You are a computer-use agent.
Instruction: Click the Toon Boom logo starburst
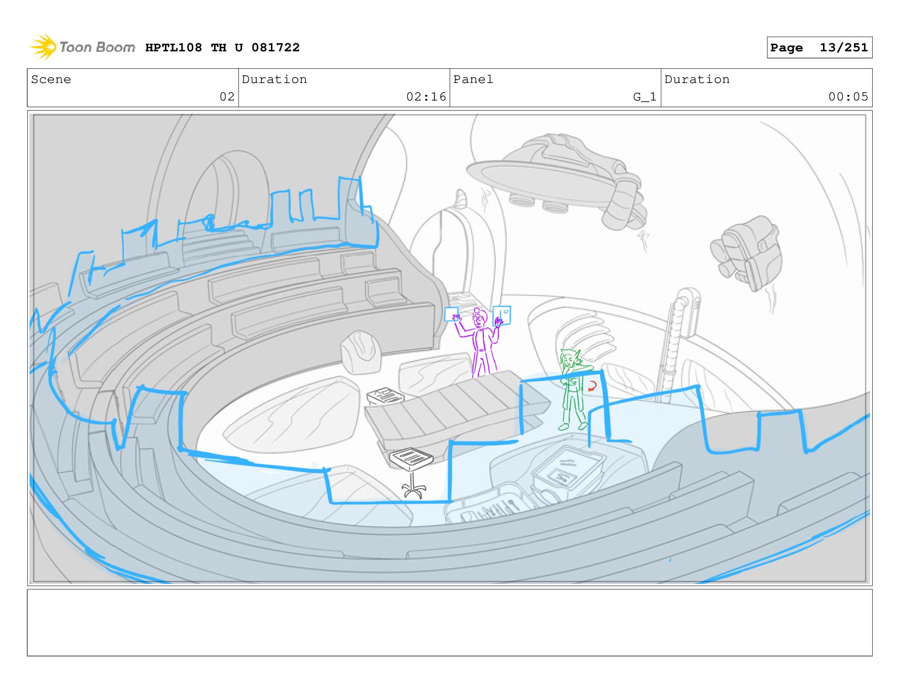(43, 47)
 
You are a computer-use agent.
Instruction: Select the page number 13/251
(843, 48)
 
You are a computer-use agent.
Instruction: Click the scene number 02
(227, 97)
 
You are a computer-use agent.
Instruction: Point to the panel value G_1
(644, 97)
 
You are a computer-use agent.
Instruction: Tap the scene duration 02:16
(426, 97)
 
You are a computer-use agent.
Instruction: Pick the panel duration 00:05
(848, 97)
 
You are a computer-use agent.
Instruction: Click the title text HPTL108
(174, 48)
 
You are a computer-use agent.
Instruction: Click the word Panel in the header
(473, 79)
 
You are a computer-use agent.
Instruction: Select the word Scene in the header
(51, 79)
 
